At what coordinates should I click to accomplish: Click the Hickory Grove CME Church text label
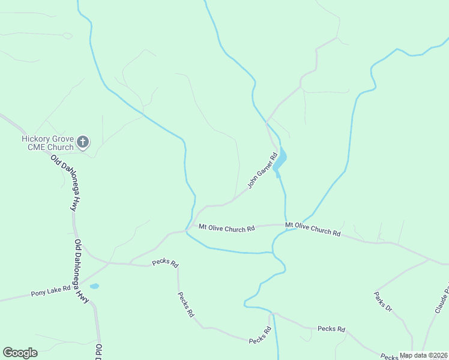tap(47, 142)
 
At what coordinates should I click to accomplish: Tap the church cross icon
tap(83, 142)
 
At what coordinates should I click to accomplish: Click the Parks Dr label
tap(383, 302)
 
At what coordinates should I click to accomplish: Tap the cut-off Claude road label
tap(441, 296)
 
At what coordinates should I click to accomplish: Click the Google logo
tap(20, 353)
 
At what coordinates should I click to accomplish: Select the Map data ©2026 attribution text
tap(424, 355)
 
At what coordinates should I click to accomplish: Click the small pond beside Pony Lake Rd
tap(94, 286)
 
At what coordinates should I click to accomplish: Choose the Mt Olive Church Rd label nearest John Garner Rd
tap(227, 228)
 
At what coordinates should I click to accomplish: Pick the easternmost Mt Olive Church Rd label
tap(313, 229)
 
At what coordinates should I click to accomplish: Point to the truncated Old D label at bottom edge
tap(98, 352)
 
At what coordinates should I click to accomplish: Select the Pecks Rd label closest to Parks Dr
tap(331, 329)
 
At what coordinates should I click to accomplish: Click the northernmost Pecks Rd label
tap(165, 263)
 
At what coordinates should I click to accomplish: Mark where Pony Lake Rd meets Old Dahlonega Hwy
tap(83, 283)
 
